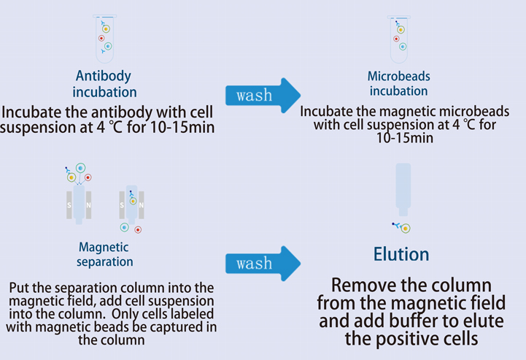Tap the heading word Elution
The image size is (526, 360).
[401, 254]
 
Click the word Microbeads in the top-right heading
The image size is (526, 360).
[398, 77]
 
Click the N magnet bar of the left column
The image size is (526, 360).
[89, 205]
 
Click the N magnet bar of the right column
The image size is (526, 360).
[140, 205]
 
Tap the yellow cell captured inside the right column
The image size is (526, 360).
[132, 202]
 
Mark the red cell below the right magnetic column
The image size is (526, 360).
[138, 229]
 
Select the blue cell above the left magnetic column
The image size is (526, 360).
[80, 168]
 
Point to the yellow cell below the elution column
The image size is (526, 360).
[405, 229]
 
